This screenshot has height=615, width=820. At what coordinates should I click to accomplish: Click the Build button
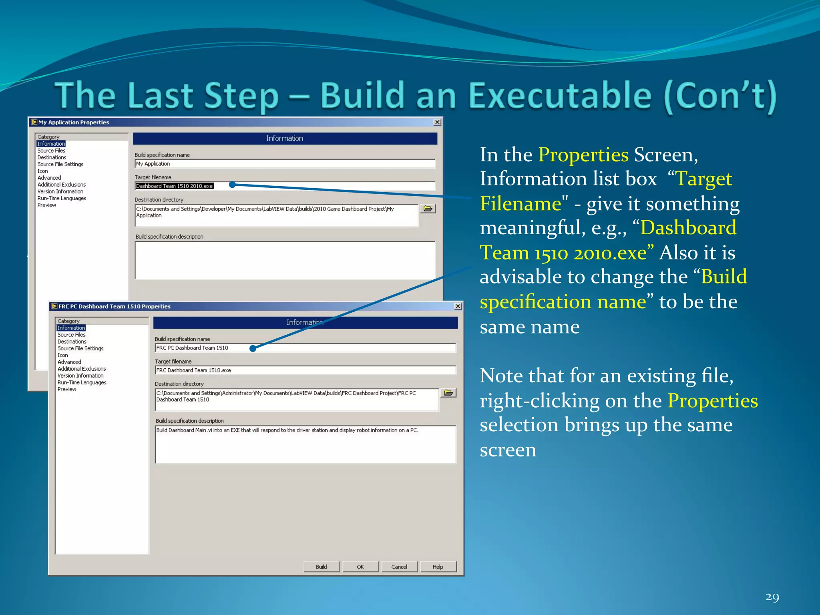pos(322,567)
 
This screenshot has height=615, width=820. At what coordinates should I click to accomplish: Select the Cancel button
pos(399,567)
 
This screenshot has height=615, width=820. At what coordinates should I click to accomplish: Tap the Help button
pos(438,567)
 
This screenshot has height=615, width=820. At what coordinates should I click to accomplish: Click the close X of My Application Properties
pos(437,122)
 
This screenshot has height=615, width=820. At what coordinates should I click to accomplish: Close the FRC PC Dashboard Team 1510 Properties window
pos(458,306)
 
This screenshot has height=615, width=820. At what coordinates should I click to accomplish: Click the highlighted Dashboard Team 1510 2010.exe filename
pos(175,186)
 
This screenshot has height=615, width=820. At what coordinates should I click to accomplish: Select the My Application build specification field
pos(284,164)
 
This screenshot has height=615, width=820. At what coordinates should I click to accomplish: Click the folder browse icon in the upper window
pos(428,209)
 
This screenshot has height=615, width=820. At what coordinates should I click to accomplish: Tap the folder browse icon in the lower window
pos(448,393)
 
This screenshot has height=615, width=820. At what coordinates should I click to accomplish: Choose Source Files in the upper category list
pos(51,151)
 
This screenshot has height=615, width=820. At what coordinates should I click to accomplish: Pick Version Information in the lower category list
pos(80,376)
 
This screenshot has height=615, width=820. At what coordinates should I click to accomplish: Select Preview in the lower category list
pos(67,389)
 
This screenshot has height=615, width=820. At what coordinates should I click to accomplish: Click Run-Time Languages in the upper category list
pos(62,198)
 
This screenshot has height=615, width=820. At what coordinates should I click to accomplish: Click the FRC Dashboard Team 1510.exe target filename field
pos(304,370)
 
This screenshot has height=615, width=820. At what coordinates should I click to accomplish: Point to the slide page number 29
pos(772,597)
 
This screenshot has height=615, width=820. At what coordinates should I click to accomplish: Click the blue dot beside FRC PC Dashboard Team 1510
pos(253,348)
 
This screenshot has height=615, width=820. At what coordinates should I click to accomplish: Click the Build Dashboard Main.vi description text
pos(287,430)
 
